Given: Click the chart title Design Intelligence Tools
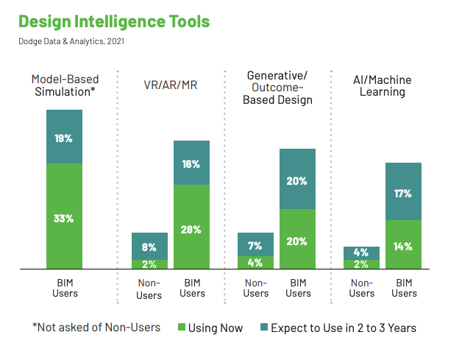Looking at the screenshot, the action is [114, 22].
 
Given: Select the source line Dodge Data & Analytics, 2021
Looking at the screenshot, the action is [71, 41].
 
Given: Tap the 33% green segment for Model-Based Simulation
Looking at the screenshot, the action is [64, 216].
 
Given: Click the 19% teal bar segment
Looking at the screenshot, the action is [64, 136].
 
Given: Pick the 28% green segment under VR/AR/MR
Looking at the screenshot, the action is [191, 227].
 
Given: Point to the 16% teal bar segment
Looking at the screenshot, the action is [191, 163].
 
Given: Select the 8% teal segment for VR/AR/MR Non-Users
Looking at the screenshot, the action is [149, 246].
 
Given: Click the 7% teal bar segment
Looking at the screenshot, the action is [255, 244].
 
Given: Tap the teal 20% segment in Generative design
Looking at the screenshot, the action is [298, 179].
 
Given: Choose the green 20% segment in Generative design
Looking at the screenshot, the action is [298, 239].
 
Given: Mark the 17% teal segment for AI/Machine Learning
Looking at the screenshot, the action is [403, 191].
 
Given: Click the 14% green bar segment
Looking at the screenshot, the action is [403, 244].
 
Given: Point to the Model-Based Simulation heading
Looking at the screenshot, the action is [65, 85].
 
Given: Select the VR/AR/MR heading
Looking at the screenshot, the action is [171, 85].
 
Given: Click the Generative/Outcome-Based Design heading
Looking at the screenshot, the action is [277, 88].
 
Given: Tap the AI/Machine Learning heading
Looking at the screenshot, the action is [383, 86].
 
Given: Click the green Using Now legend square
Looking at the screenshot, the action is [182, 327].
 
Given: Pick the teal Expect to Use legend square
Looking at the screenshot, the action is [264, 327].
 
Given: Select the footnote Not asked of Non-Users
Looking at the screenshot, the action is [96, 328].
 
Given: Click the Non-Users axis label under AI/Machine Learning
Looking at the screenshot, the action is [362, 288].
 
